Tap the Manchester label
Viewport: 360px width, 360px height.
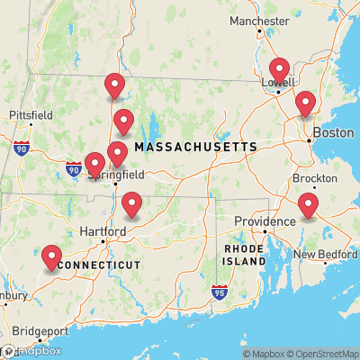259,21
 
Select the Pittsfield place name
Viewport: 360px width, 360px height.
31,115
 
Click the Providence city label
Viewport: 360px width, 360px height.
265,221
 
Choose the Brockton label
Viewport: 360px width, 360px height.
315,178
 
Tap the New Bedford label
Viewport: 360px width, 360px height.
326,255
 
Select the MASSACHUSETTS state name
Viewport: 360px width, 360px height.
195,147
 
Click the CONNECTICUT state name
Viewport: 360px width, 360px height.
98,265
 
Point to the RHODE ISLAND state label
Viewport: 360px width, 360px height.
245,255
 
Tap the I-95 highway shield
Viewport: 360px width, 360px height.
220,292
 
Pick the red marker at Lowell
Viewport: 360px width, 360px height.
279,70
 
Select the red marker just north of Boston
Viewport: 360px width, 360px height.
306,103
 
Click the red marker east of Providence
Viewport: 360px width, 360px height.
309,206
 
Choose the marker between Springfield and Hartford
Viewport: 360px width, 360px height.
132,205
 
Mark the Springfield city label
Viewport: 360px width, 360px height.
116,175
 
